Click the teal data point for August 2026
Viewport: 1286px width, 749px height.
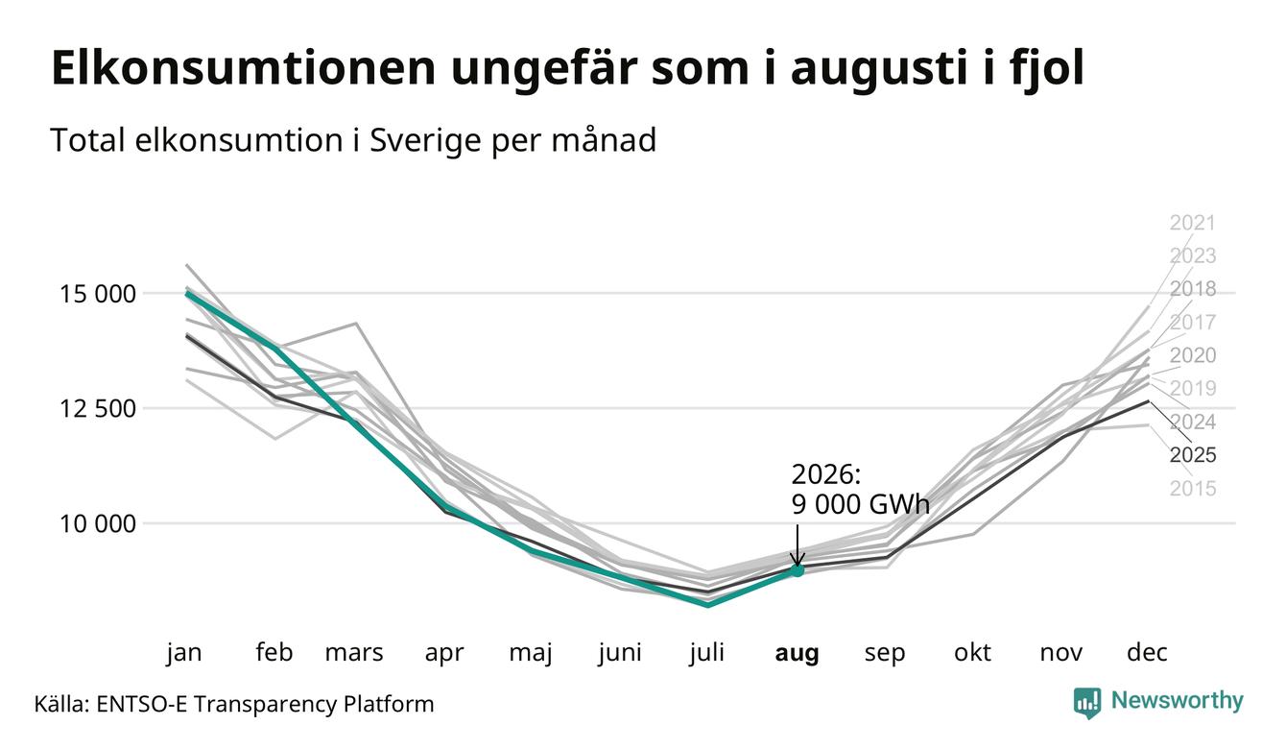coord(797,570)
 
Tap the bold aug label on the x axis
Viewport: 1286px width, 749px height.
coord(797,653)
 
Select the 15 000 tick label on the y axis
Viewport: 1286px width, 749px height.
coord(98,294)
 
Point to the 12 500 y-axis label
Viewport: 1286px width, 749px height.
coord(98,409)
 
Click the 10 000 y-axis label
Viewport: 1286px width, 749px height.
coord(98,524)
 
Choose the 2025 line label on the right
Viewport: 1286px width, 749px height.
coord(1193,455)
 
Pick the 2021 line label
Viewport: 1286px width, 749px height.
coord(1193,223)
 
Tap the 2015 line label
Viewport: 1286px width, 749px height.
coord(1193,489)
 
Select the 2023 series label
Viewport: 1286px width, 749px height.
coord(1193,255)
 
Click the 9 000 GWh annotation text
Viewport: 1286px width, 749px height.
coord(860,504)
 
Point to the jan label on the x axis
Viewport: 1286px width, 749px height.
coord(184,654)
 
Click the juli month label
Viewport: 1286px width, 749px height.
coord(706,653)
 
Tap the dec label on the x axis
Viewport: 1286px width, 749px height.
coord(1147,653)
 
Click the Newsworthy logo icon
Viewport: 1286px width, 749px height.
coord(1087,703)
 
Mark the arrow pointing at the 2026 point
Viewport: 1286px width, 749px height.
coord(797,545)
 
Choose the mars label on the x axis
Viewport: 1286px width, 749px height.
coord(353,654)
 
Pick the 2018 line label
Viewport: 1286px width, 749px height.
coord(1193,289)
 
